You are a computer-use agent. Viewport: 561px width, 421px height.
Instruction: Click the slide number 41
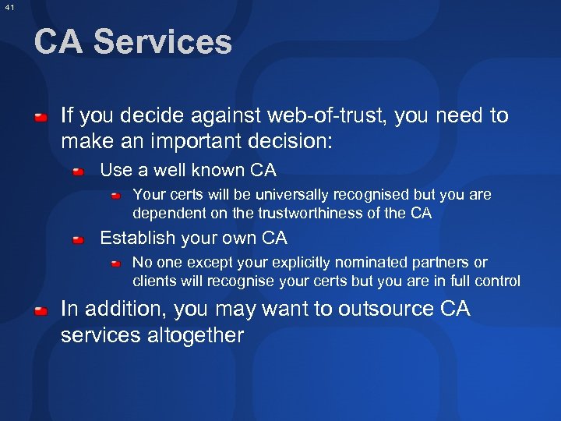[x=9, y=7]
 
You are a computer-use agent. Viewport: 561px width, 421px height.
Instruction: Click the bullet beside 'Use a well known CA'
[x=79, y=171]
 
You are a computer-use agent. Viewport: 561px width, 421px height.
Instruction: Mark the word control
[x=496, y=281]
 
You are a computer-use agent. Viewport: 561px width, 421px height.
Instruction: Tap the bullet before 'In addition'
[x=40, y=310]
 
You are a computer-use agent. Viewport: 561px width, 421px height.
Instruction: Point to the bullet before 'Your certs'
[x=115, y=195]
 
